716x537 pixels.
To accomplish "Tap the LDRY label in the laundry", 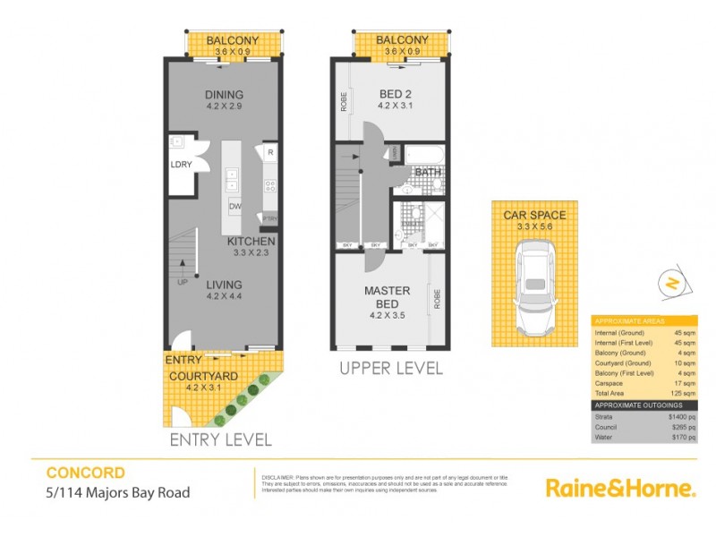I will click(x=183, y=165).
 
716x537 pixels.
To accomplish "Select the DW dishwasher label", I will click(x=234, y=208).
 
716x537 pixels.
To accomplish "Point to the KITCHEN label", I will click(x=251, y=242).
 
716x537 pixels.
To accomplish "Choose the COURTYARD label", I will click(x=203, y=377).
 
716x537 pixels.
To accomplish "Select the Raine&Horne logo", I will click(x=620, y=489).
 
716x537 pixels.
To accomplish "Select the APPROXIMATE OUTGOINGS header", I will click(x=637, y=405).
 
